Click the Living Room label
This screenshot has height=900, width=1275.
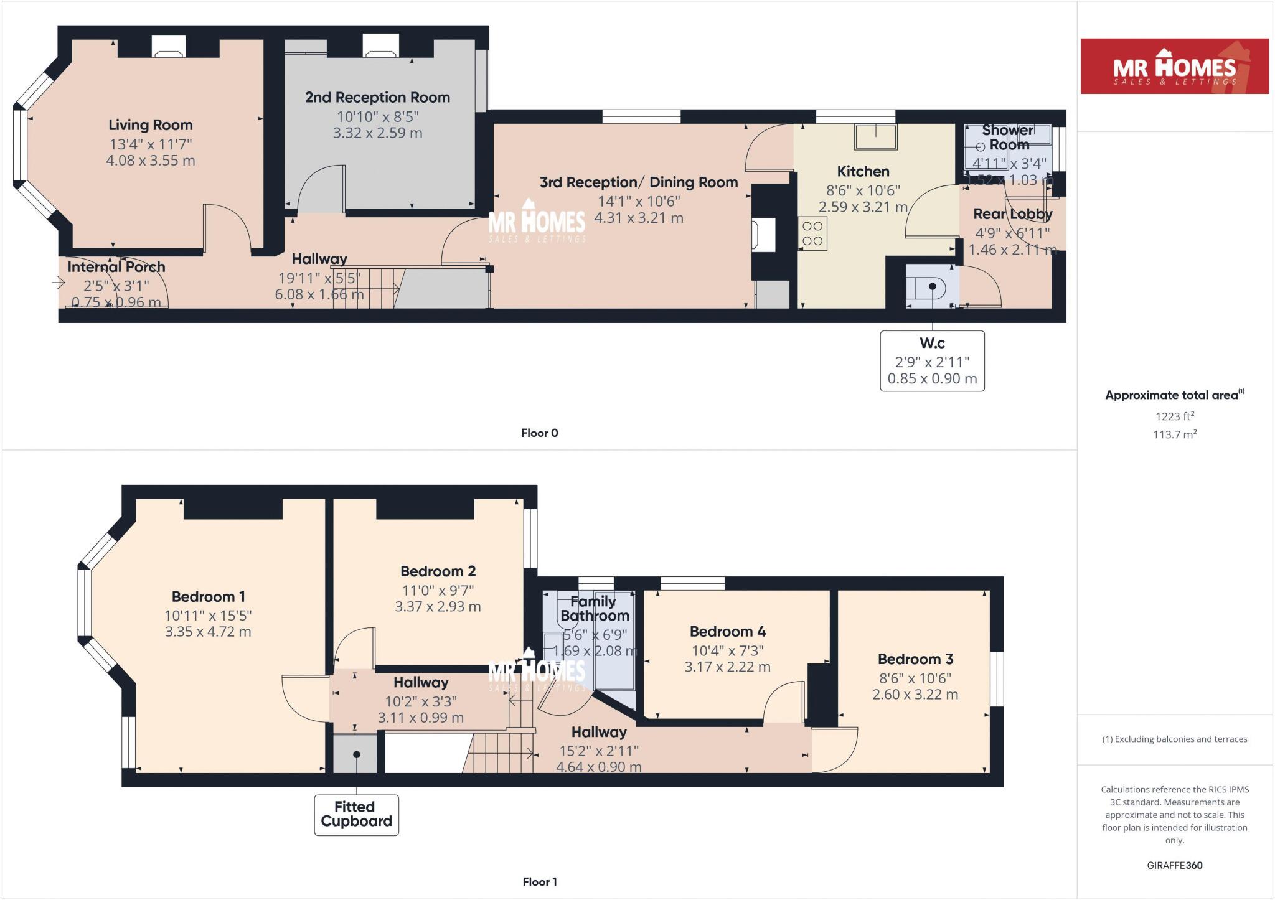pyautogui.click(x=150, y=125)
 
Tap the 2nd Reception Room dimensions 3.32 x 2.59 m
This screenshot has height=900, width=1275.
pyautogui.click(x=377, y=133)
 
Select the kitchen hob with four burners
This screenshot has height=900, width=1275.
pyautogui.click(x=812, y=233)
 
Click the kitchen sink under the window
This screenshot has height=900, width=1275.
pyautogui.click(x=875, y=137)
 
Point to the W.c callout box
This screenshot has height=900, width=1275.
pyautogui.click(x=931, y=361)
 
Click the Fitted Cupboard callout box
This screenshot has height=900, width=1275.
pyautogui.click(x=356, y=814)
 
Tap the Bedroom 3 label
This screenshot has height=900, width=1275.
pyautogui.click(x=915, y=659)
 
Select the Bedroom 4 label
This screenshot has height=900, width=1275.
pyautogui.click(x=727, y=632)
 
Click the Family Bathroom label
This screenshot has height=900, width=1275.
pyautogui.click(x=594, y=609)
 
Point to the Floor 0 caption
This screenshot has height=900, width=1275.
pyautogui.click(x=539, y=433)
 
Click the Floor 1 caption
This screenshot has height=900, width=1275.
pyautogui.click(x=539, y=882)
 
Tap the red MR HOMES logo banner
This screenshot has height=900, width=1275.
pyautogui.click(x=1174, y=67)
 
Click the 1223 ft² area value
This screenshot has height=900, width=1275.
pyautogui.click(x=1174, y=416)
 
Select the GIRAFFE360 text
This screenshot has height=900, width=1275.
pyautogui.click(x=1174, y=865)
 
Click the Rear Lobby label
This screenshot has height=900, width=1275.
pyautogui.click(x=1012, y=214)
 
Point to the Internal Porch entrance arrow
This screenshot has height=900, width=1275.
pyautogui.click(x=59, y=283)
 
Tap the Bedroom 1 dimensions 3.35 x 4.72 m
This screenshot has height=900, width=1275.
pyautogui.click(x=208, y=632)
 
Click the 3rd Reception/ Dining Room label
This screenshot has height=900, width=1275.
pyautogui.click(x=638, y=182)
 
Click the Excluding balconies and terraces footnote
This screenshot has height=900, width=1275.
pyautogui.click(x=1174, y=739)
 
